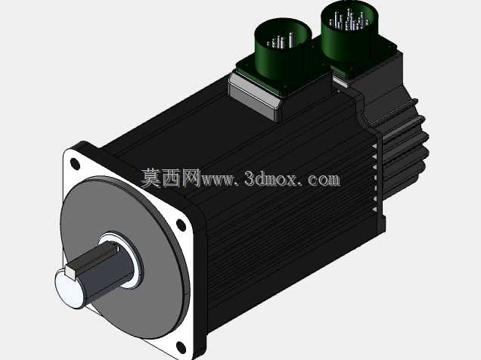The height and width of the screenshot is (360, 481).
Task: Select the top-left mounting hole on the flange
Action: tap(75, 164)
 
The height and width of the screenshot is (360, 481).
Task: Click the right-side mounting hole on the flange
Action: tap(181, 225)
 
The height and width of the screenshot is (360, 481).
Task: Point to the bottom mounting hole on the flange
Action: tap(181, 347)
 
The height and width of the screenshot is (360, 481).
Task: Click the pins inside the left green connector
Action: tap(281, 41)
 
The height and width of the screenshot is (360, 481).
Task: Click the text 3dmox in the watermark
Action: tap(271, 178)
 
